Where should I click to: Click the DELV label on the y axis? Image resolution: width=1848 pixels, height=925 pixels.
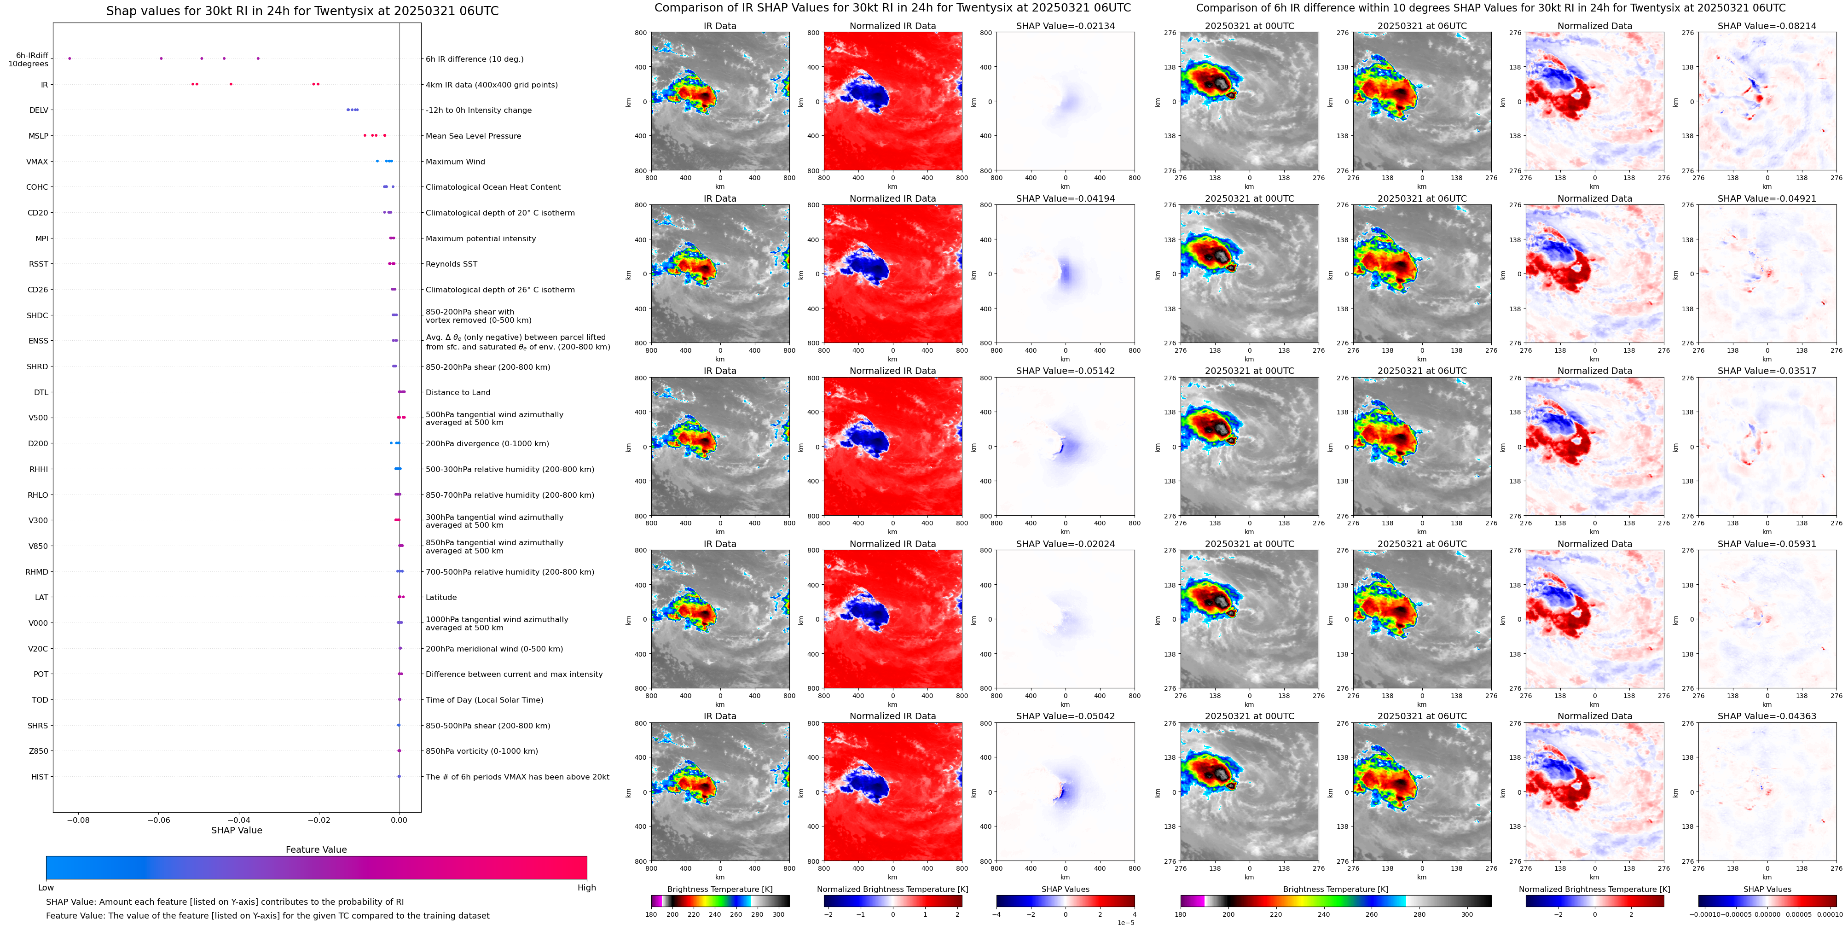tap(39, 111)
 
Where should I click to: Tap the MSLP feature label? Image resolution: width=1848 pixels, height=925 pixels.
tap(39, 136)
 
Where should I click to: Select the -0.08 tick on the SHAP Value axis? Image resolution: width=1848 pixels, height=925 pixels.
tap(78, 820)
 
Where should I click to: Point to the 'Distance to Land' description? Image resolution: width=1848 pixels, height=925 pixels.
tap(458, 393)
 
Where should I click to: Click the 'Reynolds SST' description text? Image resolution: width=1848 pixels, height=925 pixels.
tap(451, 264)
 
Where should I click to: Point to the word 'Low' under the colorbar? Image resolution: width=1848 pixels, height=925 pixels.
tap(46, 888)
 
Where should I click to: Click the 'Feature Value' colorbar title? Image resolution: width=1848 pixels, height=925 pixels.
tap(316, 849)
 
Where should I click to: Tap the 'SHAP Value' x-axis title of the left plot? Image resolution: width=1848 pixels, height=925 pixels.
tap(237, 830)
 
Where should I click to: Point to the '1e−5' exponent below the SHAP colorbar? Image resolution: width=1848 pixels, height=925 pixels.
tap(1125, 923)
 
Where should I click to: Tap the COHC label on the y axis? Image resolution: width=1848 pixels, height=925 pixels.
tap(37, 187)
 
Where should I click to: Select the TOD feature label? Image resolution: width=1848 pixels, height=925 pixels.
tap(40, 700)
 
